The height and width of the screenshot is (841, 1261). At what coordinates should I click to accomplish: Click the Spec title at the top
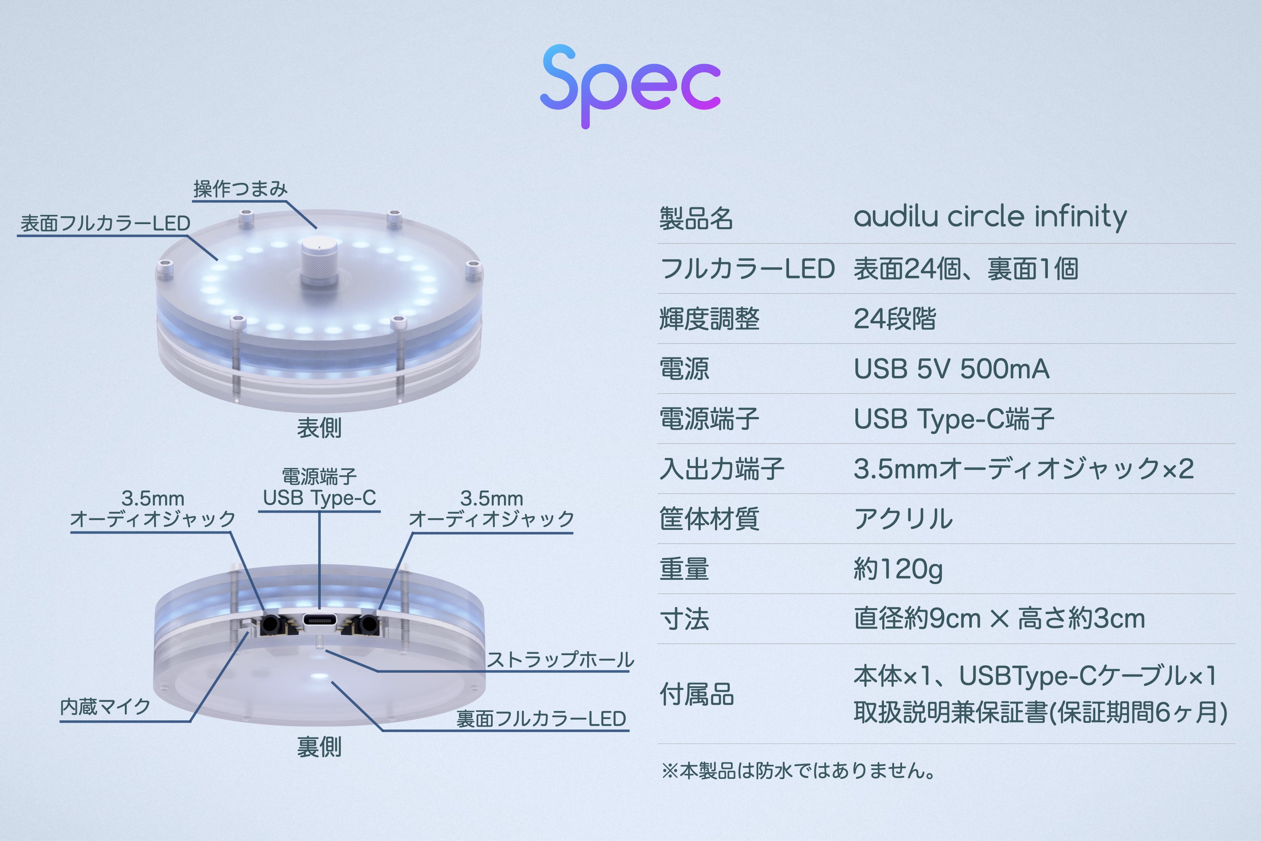point(630,86)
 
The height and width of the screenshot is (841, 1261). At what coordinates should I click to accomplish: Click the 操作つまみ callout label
point(240,189)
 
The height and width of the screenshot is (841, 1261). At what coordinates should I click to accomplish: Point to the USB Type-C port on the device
point(319,621)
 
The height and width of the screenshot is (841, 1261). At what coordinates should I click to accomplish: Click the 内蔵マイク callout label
point(105,707)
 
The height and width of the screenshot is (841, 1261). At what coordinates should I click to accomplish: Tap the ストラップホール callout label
point(560,660)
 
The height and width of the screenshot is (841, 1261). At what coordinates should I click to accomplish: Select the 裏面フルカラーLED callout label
point(541,719)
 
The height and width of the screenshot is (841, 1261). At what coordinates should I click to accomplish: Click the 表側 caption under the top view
point(319,428)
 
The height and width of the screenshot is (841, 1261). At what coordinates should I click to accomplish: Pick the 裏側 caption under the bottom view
point(319,747)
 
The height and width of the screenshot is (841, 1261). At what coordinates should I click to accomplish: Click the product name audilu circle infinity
point(990,217)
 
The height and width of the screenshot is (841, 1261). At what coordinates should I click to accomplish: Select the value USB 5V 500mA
point(951,369)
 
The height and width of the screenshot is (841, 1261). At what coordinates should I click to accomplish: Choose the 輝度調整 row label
point(710,319)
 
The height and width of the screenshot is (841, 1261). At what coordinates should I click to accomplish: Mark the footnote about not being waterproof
point(799,771)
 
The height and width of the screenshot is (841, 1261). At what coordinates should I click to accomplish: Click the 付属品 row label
point(696,695)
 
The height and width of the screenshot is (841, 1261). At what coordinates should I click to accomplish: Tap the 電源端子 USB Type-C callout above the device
point(319,487)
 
